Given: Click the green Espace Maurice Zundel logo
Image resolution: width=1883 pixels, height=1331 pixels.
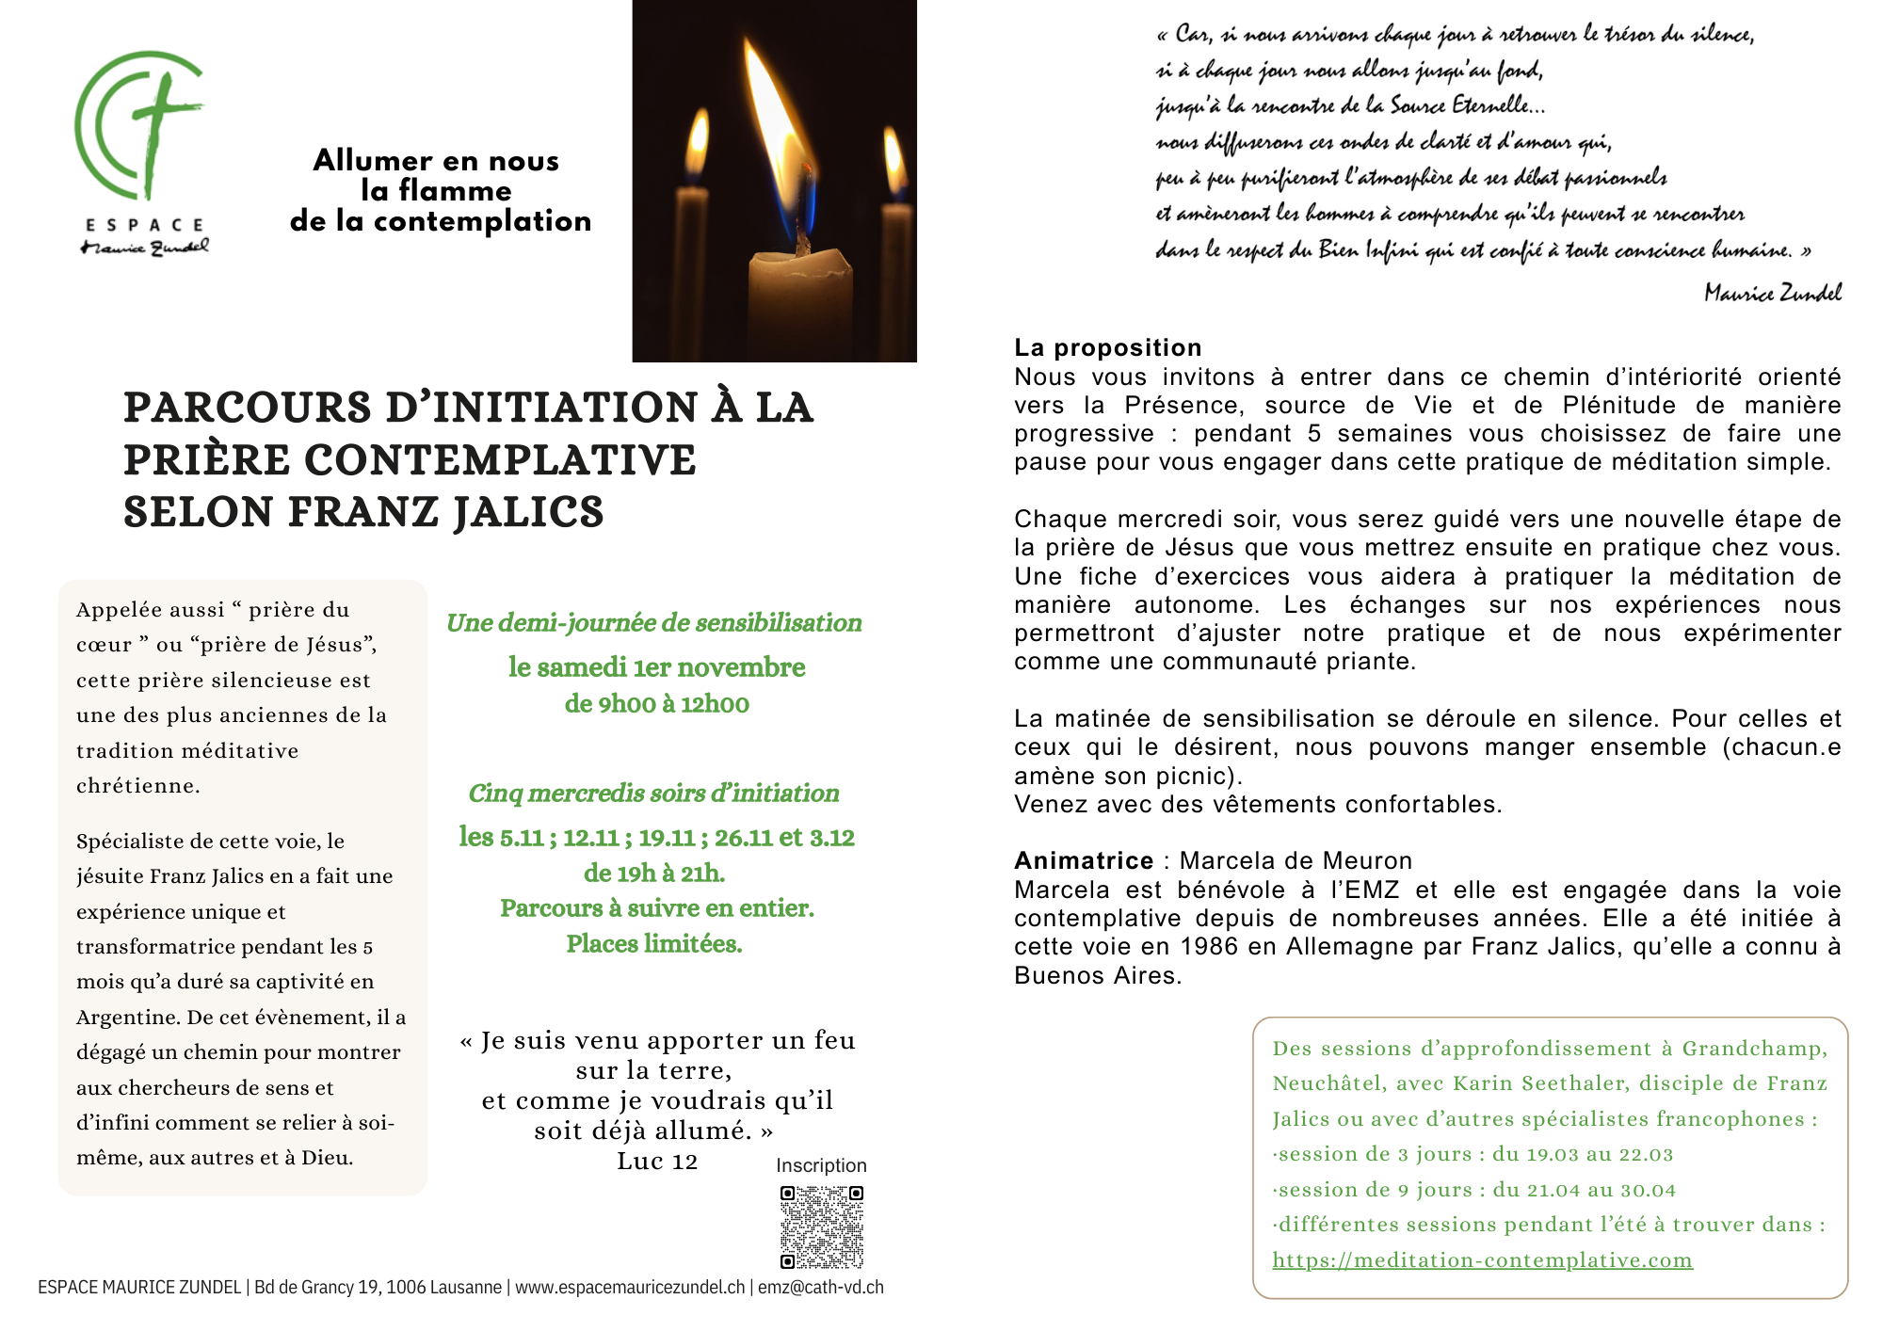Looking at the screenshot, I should click(x=141, y=151).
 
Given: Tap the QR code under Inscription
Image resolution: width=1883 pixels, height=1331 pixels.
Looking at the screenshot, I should click(x=821, y=1227).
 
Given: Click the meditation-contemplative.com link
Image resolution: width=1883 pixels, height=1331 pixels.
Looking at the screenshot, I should click(x=1482, y=1260).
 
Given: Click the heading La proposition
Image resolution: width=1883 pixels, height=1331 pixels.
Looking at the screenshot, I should click(x=1107, y=347).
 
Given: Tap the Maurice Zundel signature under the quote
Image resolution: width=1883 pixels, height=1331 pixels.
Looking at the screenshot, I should click(x=1772, y=293).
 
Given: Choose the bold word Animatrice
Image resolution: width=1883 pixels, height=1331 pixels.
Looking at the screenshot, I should click(x=1083, y=860).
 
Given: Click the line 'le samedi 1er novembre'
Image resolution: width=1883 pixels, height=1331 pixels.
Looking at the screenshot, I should click(x=656, y=667).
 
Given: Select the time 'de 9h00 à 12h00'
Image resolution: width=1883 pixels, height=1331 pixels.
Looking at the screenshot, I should click(x=656, y=704).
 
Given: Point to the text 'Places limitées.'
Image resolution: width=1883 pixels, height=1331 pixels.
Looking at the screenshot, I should click(x=654, y=944).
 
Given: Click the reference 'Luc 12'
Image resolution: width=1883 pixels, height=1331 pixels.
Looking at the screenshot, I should click(x=657, y=1162).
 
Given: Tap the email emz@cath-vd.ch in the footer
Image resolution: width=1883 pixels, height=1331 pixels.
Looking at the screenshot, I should click(x=820, y=1288).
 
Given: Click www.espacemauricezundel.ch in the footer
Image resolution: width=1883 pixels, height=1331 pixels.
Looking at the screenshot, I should click(x=630, y=1288).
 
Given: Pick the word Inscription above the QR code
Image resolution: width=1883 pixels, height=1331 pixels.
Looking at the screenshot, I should click(x=821, y=1165).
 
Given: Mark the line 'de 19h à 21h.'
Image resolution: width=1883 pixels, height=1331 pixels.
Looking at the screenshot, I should click(x=654, y=874).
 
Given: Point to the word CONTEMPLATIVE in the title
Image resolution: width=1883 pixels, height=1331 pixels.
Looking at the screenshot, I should click(x=500, y=460).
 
